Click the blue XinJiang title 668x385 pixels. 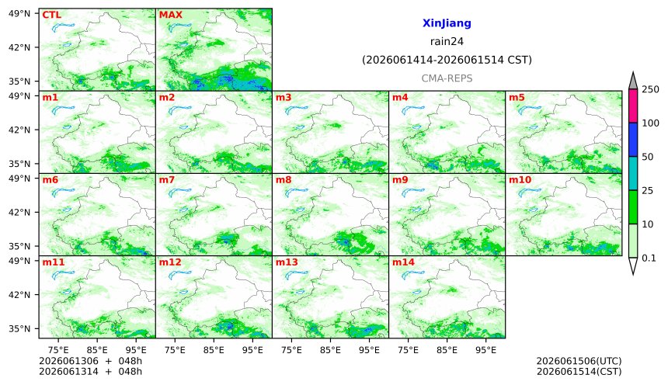tap(447, 23)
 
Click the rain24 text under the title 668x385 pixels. tap(447, 41)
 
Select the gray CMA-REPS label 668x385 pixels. tap(447, 78)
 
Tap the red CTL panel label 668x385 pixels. tap(51, 15)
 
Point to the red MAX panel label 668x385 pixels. tap(170, 15)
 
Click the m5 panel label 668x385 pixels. tap(517, 98)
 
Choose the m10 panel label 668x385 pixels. tap(520, 180)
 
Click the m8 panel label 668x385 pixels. tap(284, 180)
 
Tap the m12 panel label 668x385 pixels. tap(170, 262)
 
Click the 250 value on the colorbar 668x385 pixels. tap(651, 89)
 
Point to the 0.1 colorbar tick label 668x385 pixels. tap(649, 258)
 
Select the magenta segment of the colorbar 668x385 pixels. tap(633, 106)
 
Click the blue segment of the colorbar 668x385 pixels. tap(633, 140)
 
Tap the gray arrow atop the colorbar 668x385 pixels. tap(633, 81)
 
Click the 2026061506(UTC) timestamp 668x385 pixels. tap(579, 361)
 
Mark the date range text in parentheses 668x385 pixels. tap(447, 60)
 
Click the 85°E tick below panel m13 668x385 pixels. tap(330, 350)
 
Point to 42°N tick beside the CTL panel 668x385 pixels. tap(19, 47)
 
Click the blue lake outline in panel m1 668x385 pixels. tap(63, 110)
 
